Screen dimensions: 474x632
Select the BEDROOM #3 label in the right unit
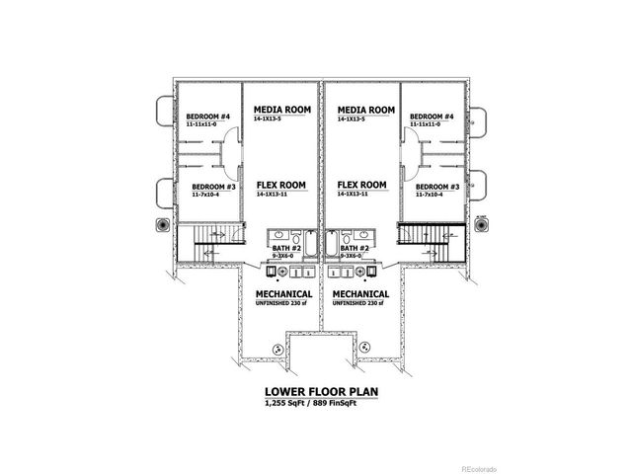pos(437,187)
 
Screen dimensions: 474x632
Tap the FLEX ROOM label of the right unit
pos(360,185)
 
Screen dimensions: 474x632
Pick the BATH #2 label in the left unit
pos(285,248)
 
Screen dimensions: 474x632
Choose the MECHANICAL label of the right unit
pos(360,294)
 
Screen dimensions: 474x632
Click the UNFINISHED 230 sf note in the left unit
pos(284,304)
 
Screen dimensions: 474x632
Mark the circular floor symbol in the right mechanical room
pos(365,346)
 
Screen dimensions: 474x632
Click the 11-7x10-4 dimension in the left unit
pos(207,196)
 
